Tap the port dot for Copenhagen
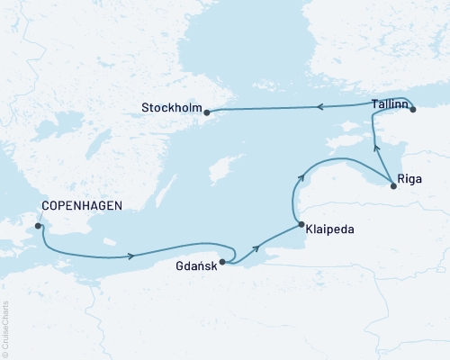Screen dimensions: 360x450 (38, 226)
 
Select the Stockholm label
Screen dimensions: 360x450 (171, 112)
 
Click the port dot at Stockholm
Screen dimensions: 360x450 (207, 112)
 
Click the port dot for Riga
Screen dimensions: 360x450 (393, 186)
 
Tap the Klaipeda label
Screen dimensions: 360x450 (329, 229)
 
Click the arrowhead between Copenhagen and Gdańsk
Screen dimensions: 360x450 (132, 255)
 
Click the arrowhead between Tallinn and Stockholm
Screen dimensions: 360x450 (317, 107)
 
